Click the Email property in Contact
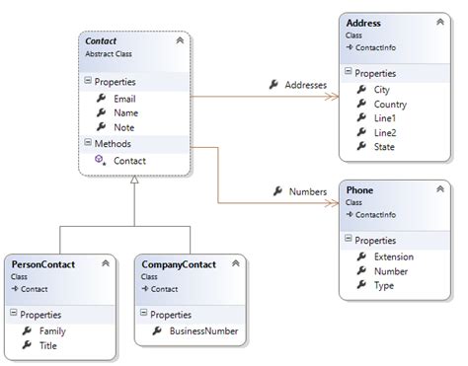(x=125, y=99)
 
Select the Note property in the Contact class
(x=123, y=126)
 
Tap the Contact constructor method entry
(x=130, y=159)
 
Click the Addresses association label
(x=304, y=85)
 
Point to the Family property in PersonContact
(x=52, y=331)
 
